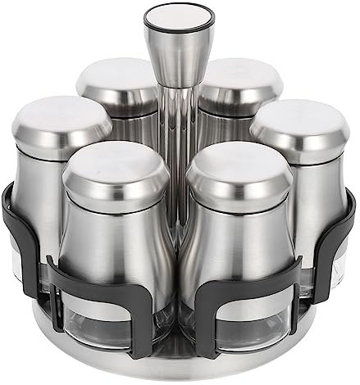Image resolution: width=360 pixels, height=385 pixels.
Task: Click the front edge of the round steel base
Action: [x=180, y=365]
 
